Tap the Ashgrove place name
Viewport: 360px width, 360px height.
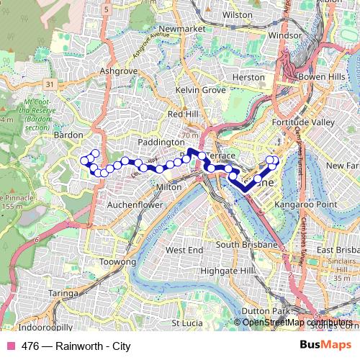coord(117,71)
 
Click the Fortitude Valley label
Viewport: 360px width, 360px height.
coord(303,122)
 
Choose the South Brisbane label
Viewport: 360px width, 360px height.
coord(247,245)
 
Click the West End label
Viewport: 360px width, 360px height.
coord(184,250)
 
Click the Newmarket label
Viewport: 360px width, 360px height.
coord(183,28)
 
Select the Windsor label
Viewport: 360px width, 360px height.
coord(284,35)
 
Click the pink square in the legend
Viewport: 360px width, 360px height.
coord(10,346)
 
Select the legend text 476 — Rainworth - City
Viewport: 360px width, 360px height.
coord(76,346)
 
